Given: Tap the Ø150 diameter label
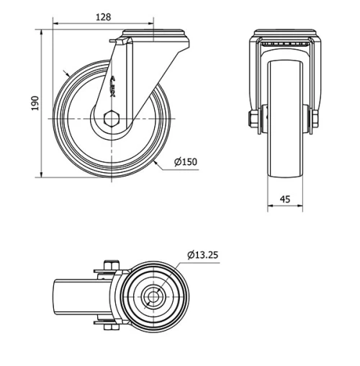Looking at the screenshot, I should pyautogui.click(x=185, y=162).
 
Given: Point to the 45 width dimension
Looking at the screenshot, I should pyautogui.click(x=285, y=199).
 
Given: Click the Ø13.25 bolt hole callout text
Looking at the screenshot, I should pyautogui.click(x=203, y=254).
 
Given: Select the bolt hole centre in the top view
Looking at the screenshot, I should pyautogui.click(x=152, y=297).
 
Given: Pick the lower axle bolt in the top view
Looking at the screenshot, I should pyautogui.click(x=109, y=327).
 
